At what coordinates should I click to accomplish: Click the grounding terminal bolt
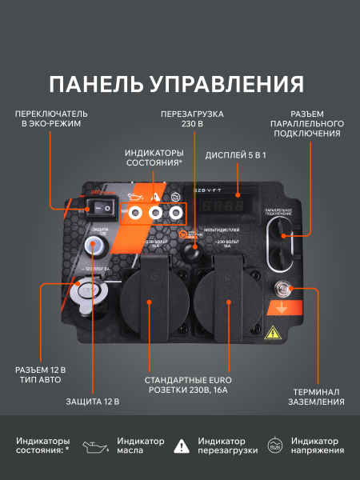tap(282, 289)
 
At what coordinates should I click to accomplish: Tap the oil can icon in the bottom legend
tap(99, 446)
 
